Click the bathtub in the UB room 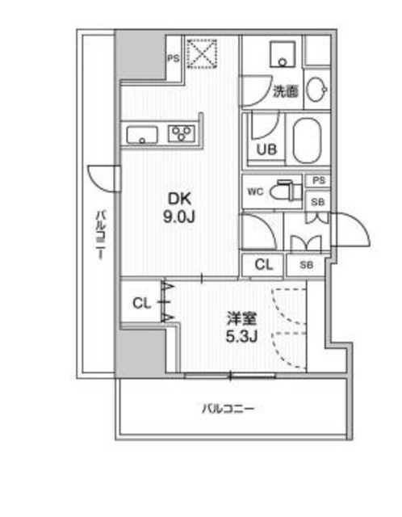(308, 141)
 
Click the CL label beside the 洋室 (142, 304)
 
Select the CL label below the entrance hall (263, 264)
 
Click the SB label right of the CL (307, 264)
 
